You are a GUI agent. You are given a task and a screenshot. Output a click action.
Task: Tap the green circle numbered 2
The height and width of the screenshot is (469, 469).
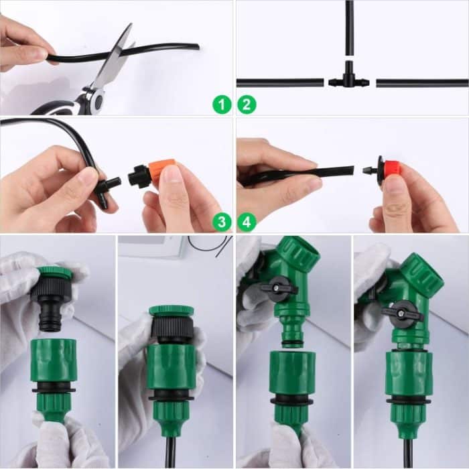click(247, 105)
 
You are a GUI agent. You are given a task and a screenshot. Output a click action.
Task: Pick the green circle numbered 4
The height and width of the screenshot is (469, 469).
click(247, 222)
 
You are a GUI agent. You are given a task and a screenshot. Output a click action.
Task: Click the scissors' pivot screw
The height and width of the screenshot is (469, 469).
click(97, 99)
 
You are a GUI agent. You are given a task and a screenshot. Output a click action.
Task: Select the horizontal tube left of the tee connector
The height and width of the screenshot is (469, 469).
click(281, 82)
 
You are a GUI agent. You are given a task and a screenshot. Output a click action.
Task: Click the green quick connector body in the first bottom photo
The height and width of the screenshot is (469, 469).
click(54, 362)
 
